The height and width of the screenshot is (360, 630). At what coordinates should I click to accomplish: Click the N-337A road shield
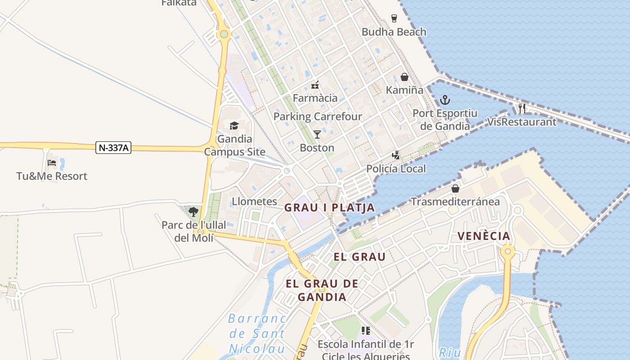(113, 148)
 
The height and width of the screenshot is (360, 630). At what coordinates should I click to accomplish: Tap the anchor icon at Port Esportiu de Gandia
(445, 100)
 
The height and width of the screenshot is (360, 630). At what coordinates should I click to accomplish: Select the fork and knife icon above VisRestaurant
(522, 108)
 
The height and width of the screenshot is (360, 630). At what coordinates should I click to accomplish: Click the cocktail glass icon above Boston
(317, 134)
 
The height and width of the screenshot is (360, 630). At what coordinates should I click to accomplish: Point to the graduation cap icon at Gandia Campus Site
(234, 126)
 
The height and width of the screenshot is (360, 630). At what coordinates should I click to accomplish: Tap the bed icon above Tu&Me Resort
(52, 162)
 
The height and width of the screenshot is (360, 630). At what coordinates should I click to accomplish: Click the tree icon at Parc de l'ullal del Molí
(193, 211)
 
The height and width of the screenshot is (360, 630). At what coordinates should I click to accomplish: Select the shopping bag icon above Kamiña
(404, 77)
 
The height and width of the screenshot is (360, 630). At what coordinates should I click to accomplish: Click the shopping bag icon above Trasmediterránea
(455, 188)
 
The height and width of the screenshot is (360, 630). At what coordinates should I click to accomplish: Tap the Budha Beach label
(394, 32)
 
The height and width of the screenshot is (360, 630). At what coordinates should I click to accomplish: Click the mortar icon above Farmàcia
(315, 85)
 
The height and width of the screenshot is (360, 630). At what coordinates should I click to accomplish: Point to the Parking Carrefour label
(318, 117)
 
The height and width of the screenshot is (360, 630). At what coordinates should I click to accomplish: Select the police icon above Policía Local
(396, 155)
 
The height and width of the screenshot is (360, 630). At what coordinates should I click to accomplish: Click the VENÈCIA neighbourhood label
(484, 236)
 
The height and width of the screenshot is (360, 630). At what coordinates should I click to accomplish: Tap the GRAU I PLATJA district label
(329, 207)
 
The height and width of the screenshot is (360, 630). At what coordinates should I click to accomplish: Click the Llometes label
(254, 201)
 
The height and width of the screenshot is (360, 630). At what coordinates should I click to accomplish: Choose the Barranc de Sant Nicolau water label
(257, 333)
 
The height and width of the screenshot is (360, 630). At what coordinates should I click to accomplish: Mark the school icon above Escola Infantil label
(365, 331)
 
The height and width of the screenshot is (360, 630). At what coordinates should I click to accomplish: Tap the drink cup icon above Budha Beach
(394, 18)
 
